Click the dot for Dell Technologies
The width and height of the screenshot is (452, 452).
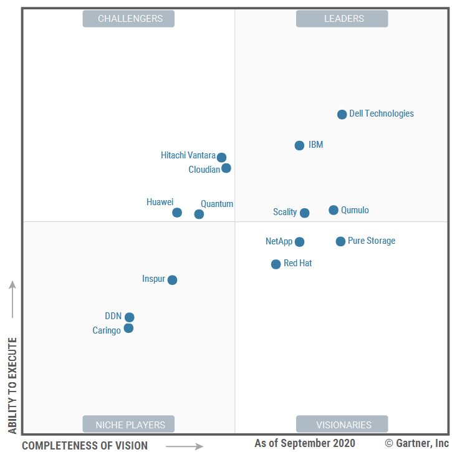[342, 114]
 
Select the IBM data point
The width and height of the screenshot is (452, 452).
[299, 145]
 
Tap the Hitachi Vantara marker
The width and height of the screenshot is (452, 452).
[221, 157]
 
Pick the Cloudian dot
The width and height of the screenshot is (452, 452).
[226, 168]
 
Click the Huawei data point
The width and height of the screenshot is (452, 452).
[177, 213]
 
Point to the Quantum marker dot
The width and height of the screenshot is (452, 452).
[199, 214]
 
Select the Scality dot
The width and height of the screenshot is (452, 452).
[304, 213]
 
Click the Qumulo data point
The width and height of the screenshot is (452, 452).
[334, 210]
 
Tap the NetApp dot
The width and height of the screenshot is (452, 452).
[299, 242]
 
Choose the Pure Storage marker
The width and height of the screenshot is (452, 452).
[340, 241]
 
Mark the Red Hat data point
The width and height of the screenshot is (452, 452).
[276, 264]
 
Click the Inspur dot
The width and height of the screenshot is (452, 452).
[172, 280]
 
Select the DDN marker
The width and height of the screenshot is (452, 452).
[129, 317]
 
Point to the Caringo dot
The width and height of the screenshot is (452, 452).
[128, 328]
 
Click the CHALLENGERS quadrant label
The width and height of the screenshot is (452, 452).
[128, 19]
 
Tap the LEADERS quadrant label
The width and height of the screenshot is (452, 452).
[342, 19]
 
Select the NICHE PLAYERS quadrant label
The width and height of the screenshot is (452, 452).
[128, 425]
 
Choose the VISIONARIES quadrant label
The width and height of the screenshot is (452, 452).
[342, 425]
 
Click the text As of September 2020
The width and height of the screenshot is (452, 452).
[305, 443]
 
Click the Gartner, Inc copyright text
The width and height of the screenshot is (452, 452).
[416, 443]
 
